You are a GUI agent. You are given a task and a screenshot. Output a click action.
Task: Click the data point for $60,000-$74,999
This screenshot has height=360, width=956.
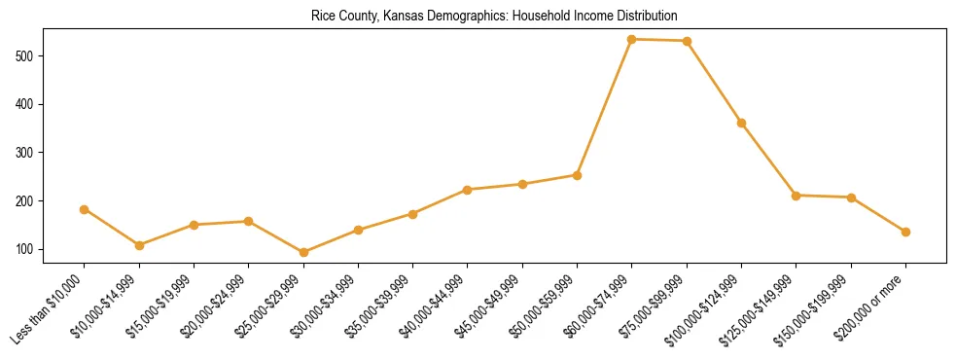tap(632, 39)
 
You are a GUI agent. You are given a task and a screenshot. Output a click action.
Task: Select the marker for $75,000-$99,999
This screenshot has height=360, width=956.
tap(687, 41)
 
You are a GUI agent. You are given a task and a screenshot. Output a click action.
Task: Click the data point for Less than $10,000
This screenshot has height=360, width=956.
tap(85, 209)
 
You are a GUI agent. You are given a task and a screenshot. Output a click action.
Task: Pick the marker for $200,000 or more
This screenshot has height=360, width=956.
tap(905, 232)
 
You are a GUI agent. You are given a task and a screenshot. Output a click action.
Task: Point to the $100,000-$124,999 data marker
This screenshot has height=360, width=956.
tap(741, 123)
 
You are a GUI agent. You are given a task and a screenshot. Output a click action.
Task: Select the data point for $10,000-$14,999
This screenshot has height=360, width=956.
tap(139, 245)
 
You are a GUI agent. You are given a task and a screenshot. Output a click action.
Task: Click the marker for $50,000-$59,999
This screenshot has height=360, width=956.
tap(577, 175)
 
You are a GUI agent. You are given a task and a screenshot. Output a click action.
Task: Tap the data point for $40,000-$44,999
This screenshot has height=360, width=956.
tap(468, 190)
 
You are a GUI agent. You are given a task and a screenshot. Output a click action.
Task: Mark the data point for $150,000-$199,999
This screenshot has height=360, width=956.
tap(851, 198)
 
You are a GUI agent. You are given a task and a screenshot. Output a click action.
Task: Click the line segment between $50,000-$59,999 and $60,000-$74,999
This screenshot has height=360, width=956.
tap(604, 107)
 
